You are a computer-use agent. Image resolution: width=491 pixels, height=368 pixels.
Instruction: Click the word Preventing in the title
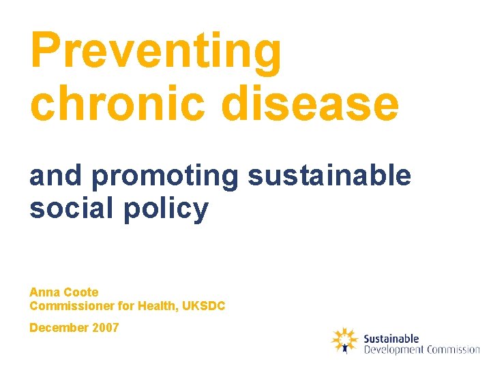tap(155, 51)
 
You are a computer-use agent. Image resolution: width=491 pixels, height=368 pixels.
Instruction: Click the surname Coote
tap(82, 292)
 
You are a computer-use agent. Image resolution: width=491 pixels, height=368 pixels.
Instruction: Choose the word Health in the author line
tap(158, 307)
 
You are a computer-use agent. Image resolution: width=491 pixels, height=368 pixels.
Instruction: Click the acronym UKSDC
tap(204, 307)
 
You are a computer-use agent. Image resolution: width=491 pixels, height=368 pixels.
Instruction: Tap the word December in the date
tap(59, 328)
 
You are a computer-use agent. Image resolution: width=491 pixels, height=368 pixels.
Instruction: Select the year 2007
tap(106, 328)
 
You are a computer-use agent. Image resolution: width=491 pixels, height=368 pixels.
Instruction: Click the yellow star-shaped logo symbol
tap(344, 340)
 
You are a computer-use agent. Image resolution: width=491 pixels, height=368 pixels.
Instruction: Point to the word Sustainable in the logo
tap(391, 339)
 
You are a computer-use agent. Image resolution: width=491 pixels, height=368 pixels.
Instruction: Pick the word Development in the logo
tap(394, 350)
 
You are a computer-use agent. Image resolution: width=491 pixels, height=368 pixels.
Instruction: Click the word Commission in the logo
tap(453, 350)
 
